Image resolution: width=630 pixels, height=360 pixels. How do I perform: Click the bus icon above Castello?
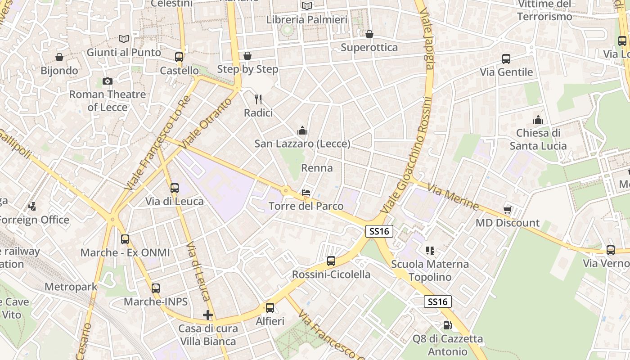click(x=179, y=57)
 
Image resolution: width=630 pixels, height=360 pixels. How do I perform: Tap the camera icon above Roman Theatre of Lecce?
click(x=107, y=81)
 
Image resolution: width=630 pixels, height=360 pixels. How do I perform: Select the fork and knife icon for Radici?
click(x=258, y=99)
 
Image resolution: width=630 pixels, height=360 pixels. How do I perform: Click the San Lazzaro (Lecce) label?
click(x=302, y=144)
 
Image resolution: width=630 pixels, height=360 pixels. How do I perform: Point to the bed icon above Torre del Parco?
click(x=306, y=193)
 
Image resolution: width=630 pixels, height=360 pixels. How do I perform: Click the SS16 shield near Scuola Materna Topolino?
click(x=379, y=231)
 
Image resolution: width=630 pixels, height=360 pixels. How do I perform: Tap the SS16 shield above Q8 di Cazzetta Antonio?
click(x=438, y=301)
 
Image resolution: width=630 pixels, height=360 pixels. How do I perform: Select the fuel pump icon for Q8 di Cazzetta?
click(x=447, y=325)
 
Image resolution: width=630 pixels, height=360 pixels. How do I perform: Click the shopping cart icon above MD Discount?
click(x=508, y=209)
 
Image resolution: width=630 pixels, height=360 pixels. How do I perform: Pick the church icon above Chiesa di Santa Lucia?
click(x=538, y=120)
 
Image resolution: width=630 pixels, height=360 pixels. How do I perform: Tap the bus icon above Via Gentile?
click(x=506, y=58)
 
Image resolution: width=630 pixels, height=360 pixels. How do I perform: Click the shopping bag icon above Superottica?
click(x=369, y=34)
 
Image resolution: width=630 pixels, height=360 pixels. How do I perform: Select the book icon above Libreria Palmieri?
click(x=307, y=6)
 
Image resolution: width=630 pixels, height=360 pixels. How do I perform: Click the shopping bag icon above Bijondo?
click(x=59, y=57)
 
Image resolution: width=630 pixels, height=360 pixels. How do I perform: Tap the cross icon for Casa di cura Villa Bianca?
click(x=207, y=315)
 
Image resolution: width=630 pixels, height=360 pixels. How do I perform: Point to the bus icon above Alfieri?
click(x=270, y=308)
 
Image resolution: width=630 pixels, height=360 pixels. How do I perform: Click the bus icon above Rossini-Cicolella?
click(x=331, y=261)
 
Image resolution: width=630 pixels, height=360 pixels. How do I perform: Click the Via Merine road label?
click(x=453, y=197)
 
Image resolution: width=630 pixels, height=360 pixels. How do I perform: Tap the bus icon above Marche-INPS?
click(x=156, y=288)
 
